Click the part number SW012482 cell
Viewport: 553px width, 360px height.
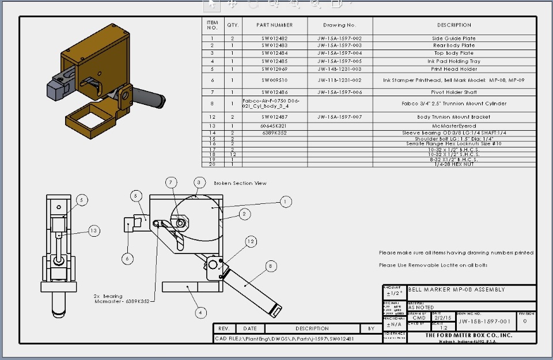coord(274,39)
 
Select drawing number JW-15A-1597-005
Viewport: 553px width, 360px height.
coord(339,61)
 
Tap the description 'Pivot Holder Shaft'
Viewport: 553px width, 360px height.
coord(454,92)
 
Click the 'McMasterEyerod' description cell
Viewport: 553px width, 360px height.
coord(454,126)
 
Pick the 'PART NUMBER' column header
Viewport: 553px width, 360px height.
coord(274,25)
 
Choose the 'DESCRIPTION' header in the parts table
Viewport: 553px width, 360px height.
coord(454,25)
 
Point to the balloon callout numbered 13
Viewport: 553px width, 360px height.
coord(94,231)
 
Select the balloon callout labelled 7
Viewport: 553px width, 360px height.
coord(171,183)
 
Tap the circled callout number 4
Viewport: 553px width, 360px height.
coord(200,313)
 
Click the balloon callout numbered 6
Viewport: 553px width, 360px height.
coord(127,259)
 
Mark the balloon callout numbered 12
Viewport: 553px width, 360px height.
coord(251,241)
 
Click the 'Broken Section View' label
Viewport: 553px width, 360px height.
coord(240,183)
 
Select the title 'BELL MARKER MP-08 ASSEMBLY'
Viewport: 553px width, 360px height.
coord(456,290)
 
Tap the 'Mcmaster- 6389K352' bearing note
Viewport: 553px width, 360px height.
coord(122,301)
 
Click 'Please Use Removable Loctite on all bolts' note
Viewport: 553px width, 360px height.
coord(433,265)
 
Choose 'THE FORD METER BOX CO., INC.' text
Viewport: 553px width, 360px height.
coord(468,335)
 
